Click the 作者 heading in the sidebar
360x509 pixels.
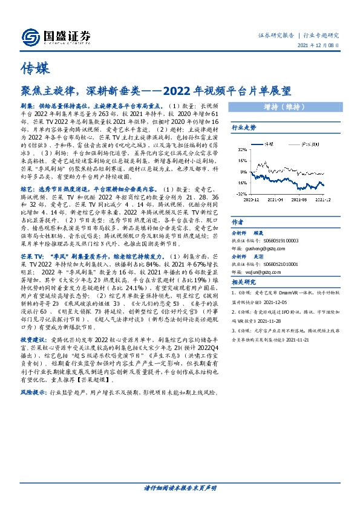238,222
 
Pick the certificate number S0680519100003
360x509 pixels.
280,240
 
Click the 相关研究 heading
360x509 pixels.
244,282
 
